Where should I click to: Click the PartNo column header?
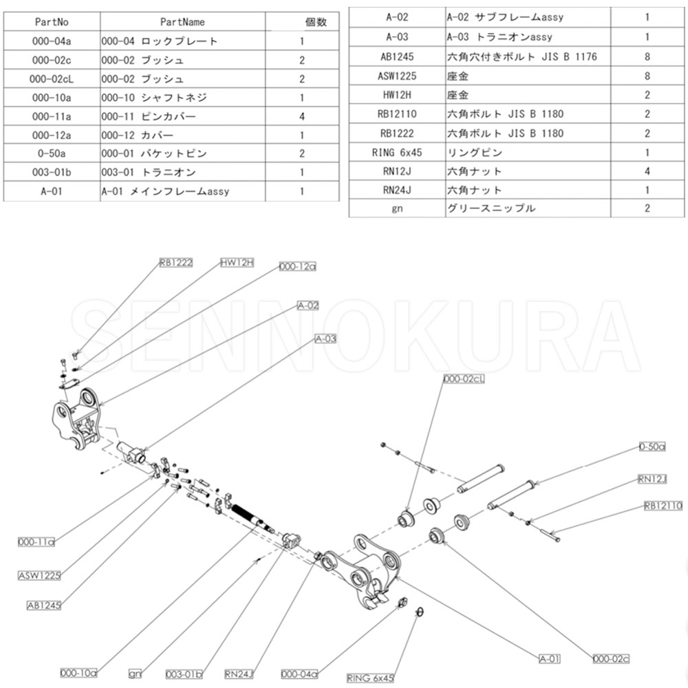tap(52, 22)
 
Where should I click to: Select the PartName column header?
tap(182, 22)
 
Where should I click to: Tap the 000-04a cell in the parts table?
tap(52, 41)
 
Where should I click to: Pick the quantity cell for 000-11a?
tap(301, 116)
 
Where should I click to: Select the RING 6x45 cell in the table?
tap(397, 152)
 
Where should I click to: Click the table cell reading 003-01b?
tap(52, 172)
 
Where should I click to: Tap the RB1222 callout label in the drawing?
tap(175, 262)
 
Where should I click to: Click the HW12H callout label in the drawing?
tap(237, 262)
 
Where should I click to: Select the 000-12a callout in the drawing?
tap(297, 266)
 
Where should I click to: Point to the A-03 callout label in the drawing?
tap(325, 338)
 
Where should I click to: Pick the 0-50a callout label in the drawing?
tap(652, 447)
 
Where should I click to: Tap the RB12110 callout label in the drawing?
tap(663, 506)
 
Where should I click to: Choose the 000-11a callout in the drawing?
tap(36, 542)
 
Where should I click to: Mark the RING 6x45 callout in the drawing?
tap(370, 678)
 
